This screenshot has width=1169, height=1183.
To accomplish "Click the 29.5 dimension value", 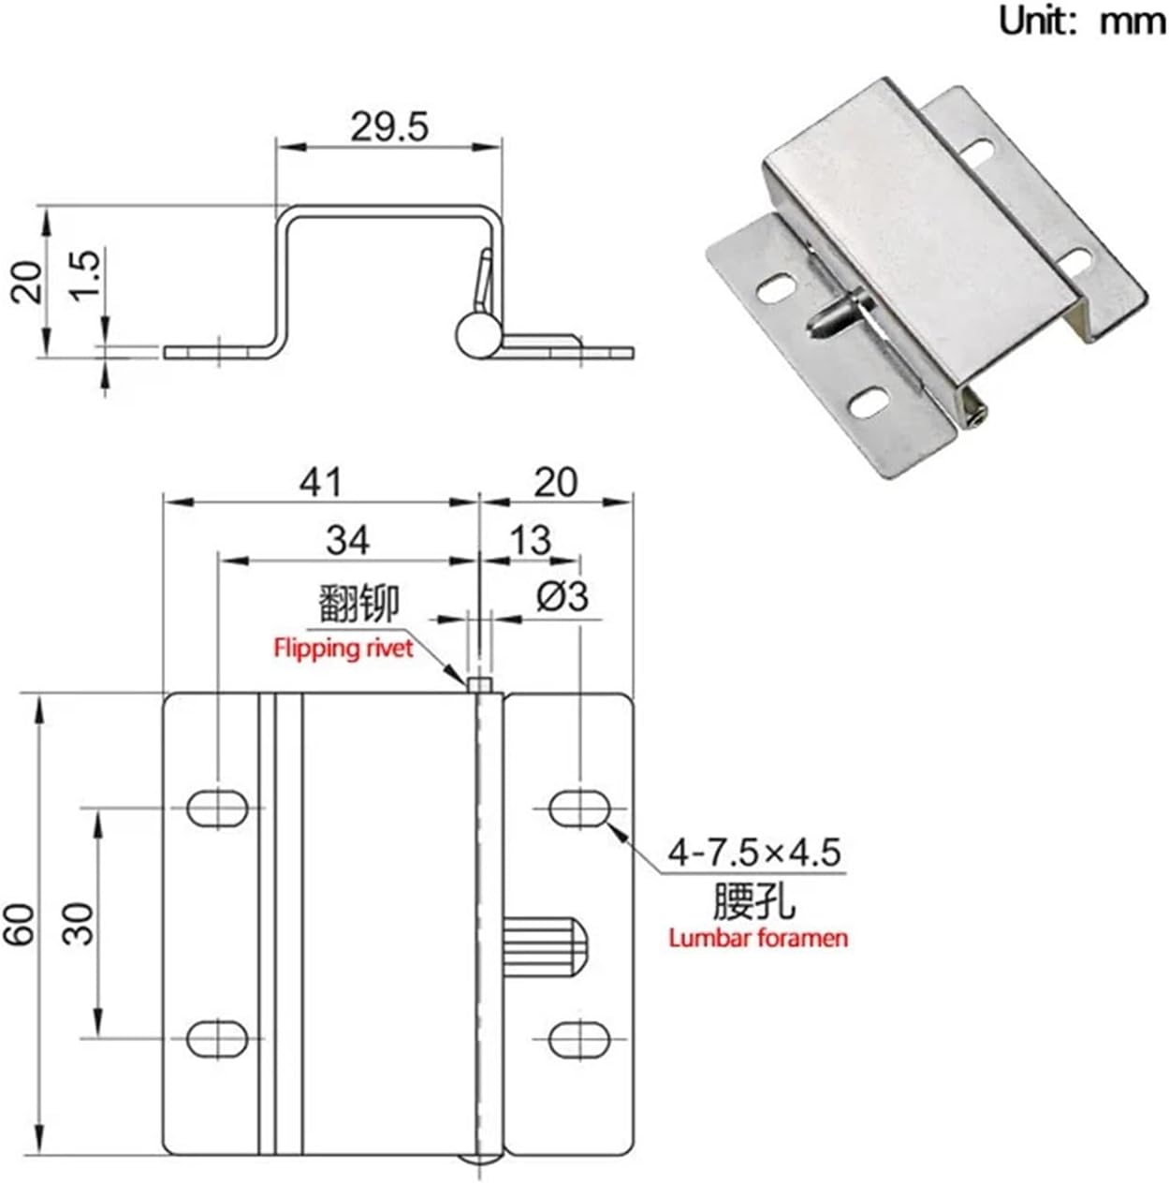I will click(389, 126).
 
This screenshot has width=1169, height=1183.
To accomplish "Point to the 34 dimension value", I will click(347, 540).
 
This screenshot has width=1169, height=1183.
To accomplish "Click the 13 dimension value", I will click(530, 540).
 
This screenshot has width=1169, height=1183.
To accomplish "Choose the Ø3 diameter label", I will click(563, 596).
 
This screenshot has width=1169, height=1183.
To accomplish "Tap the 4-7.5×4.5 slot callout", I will click(754, 853).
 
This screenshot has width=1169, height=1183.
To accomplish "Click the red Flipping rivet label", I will click(343, 648).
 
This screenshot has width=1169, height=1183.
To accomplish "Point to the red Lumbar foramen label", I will click(758, 938).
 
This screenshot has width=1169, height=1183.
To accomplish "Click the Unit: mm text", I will click(1081, 21).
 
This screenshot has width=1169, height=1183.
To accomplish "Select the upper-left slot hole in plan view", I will click(218, 808).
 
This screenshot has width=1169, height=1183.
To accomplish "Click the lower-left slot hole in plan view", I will click(218, 1038).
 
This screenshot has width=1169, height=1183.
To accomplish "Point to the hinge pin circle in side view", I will click(480, 336).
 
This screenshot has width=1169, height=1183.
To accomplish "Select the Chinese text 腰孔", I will click(753, 902).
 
